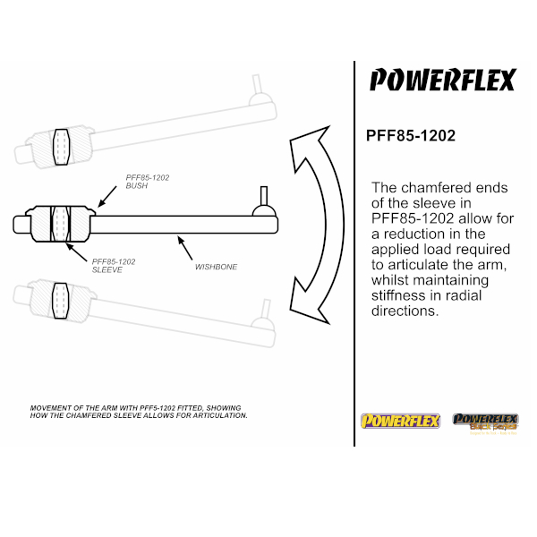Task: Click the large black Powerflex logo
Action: pyautogui.click(x=442, y=80)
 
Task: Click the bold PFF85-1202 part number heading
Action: pyautogui.click(x=411, y=136)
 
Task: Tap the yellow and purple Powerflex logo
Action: pyautogui.click(x=400, y=421)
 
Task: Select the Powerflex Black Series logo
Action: pyautogui.click(x=485, y=423)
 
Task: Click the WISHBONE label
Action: pyautogui.click(x=216, y=267)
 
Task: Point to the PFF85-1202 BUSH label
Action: pyautogui.click(x=148, y=182)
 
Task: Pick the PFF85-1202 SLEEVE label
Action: pyautogui.click(x=114, y=266)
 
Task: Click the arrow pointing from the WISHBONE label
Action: pyautogui.click(x=185, y=248)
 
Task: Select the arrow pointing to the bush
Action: pyautogui.click(x=107, y=196)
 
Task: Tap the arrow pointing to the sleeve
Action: pyautogui.click(x=76, y=252)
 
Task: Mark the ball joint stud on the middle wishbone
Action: pyautogui.click(x=264, y=195)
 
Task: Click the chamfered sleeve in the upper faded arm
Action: pyautogui.click(x=62, y=147)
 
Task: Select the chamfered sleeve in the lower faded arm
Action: pyautogui.click(x=60, y=301)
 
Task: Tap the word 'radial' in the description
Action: pyautogui.click(x=465, y=295)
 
